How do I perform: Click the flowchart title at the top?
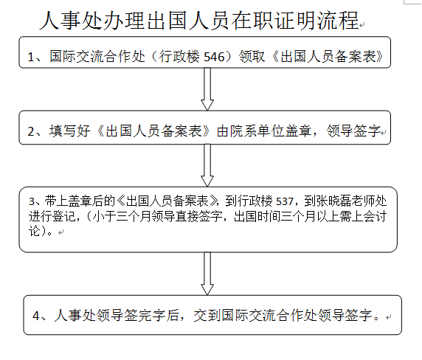click(199, 21)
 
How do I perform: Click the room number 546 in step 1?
click(214, 57)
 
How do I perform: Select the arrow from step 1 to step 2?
click(207, 89)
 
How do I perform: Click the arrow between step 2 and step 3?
click(207, 165)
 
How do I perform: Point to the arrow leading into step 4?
click(207, 274)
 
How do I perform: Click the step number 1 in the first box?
click(31, 57)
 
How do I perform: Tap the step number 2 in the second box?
click(31, 131)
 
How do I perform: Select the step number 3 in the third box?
click(32, 201)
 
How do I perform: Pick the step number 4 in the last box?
click(36, 315)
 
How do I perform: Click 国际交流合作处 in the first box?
click(97, 57)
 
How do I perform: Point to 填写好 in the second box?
click(69, 131)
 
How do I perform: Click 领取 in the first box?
click(252, 57)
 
